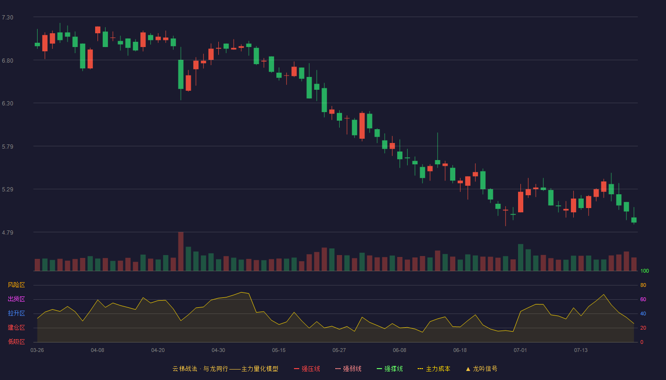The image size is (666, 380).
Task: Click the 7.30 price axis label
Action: (x=8, y=18)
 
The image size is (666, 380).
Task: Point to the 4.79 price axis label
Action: (x=8, y=232)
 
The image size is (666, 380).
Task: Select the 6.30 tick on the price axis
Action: (x=8, y=104)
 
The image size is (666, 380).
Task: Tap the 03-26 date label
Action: (x=37, y=351)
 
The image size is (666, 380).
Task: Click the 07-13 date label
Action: (x=581, y=351)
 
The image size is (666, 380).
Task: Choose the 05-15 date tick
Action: (x=279, y=351)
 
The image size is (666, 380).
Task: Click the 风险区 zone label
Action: (x=16, y=285)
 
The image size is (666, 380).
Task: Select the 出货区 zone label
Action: (x=16, y=299)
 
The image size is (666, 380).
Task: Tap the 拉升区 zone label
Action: (x=16, y=313)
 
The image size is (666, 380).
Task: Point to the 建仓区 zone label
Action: (x=16, y=327)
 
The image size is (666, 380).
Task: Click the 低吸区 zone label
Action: (x=16, y=342)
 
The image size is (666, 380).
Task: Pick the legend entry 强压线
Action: (x=307, y=369)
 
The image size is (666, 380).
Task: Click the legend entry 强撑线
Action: (x=390, y=369)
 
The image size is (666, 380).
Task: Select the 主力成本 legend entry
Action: (x=434, y=369)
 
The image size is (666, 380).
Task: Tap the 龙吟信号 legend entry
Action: (x=481, y=369)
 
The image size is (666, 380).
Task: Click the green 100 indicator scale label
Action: (x=645, y=271)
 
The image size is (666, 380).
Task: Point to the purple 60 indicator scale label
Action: (x=643, y=299)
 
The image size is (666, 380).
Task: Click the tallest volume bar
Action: (x=181, y=251)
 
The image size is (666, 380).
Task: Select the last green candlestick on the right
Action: (x=634, y=220)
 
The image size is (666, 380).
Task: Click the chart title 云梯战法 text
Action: (x=185, y=369)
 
